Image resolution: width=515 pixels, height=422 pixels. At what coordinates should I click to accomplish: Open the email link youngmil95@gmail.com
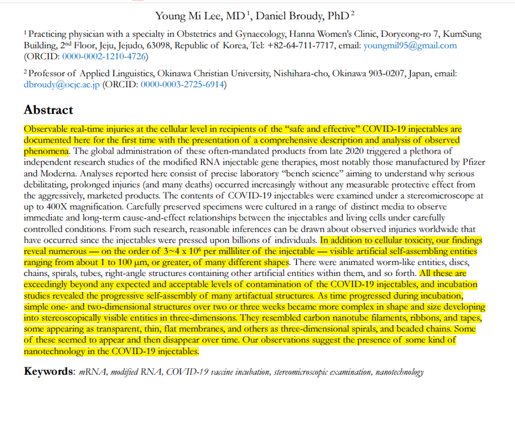(421, 46)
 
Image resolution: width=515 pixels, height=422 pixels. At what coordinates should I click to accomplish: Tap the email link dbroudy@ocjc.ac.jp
(62, 85)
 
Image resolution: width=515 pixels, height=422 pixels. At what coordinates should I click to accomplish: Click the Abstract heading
(48, 110)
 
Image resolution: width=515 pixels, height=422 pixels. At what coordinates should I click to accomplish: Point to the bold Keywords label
(49, 372)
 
